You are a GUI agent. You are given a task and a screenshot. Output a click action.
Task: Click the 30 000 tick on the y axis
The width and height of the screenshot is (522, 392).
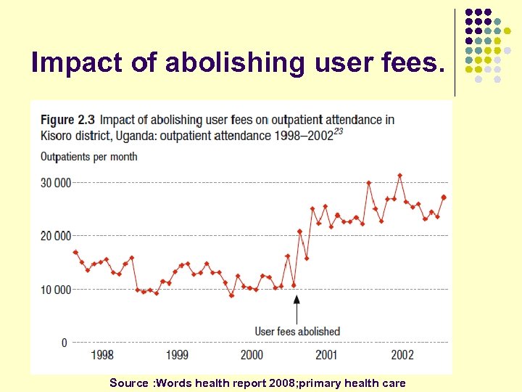[56, 183]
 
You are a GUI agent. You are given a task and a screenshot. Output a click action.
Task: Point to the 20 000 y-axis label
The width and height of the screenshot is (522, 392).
[56, 236]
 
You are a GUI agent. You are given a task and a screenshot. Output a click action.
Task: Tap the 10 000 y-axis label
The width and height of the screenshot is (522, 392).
[56, 290]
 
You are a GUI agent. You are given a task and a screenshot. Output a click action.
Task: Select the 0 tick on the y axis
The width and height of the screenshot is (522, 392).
[64, 343]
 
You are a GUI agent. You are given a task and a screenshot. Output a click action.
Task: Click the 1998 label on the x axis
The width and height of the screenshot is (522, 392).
[102, 355]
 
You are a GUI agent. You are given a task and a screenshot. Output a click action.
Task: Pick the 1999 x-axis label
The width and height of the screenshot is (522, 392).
[177, 355]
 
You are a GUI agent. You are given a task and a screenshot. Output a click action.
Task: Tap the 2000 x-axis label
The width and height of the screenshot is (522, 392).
[252, 355]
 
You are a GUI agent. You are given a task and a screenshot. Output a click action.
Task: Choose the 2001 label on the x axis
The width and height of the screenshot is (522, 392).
[326, 355]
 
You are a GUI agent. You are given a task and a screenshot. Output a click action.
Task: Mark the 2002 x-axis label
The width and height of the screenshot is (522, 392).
[402, 355]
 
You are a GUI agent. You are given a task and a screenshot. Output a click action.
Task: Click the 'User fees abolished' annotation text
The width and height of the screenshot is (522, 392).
[297, 332]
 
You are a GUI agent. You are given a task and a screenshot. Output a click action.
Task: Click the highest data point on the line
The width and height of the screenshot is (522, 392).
[399, 176]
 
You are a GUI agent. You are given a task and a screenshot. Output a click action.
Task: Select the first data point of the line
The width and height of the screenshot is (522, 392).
[75, 252]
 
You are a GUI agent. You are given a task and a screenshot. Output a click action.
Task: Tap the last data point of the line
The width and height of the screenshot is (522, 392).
[444, 197]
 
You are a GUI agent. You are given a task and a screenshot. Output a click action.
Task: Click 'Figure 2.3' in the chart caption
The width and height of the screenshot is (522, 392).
[67, 120]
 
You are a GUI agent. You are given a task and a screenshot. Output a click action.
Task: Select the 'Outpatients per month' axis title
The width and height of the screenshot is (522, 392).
[88, 157]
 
